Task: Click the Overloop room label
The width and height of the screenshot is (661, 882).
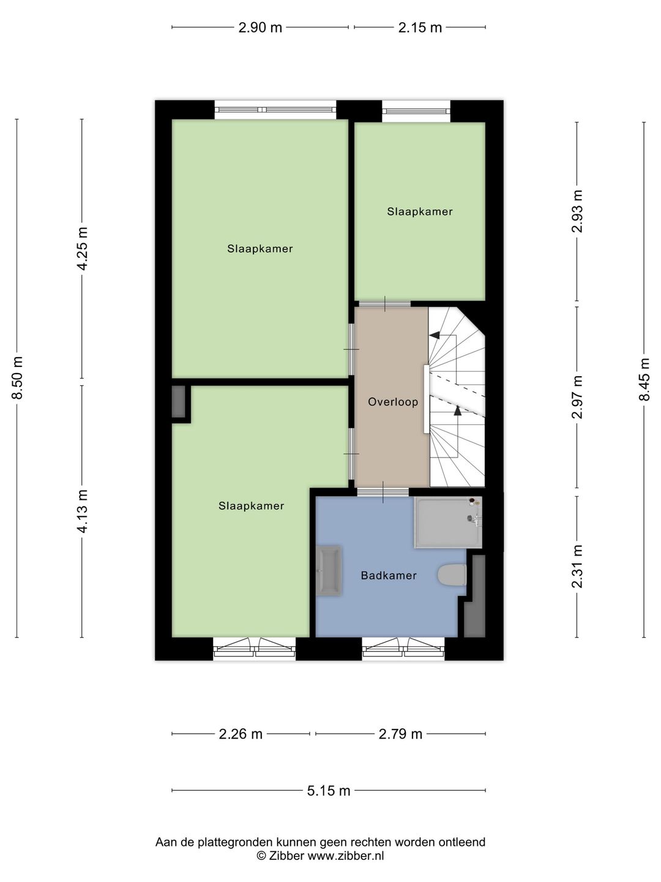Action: [393, 402]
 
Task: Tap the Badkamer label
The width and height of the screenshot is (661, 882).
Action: [389, 575]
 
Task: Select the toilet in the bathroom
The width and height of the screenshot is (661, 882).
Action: [452, 575]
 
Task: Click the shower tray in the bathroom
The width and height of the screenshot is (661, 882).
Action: [448, 522]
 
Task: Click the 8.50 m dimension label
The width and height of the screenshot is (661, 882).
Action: [18, 378]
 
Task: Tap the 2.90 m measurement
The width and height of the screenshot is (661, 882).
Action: [260, 28]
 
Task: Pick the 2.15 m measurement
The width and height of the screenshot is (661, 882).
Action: [420, 28]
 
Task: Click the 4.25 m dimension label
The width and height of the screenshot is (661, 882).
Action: [83, 249]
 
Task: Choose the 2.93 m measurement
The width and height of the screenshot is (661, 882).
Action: [577, 211]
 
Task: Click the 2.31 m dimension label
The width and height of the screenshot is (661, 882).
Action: [577, 567]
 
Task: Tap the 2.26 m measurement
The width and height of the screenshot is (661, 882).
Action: [241, 734]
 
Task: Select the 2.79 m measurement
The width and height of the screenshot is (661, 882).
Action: [400, 734]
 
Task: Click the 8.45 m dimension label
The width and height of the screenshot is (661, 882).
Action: [644, 379]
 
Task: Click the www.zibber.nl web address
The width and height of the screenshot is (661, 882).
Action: [346, 856]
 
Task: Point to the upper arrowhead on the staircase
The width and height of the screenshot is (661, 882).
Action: [435, 334]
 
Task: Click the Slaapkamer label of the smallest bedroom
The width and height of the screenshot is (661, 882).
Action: [420, 212]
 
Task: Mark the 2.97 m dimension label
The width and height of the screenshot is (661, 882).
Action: [577, 397]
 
